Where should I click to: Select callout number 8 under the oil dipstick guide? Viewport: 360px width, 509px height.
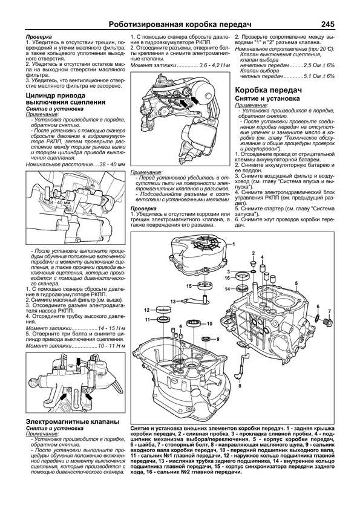[x=240, y=384]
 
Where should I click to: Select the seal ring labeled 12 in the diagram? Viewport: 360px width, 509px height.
[x=162, y=311]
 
